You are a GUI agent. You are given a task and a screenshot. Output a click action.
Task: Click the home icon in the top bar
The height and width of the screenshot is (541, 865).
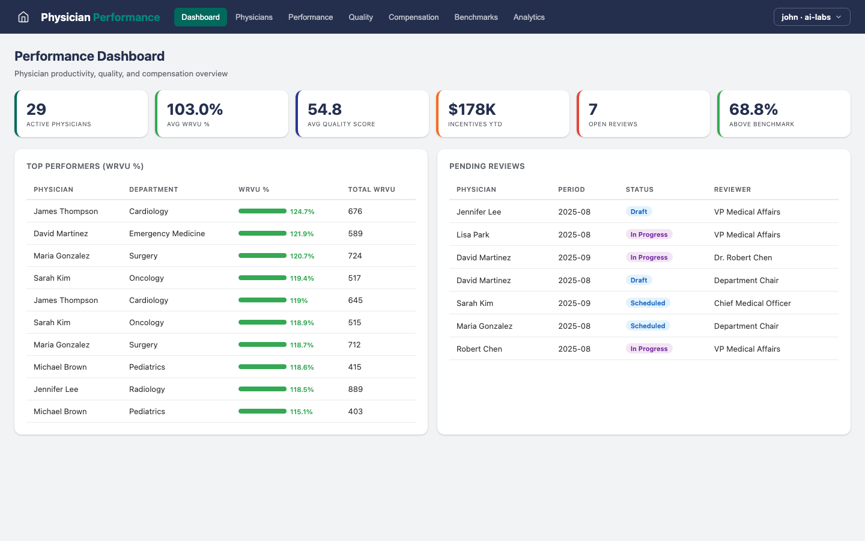click(x=23, y=17)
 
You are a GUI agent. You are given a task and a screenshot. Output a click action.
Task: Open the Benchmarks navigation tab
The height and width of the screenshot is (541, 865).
click(x=476, y=17)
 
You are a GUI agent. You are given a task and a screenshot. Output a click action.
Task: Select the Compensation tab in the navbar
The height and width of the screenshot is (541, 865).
click(x=413, y=17)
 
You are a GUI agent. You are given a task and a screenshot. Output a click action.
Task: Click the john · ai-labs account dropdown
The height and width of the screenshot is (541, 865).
click(x=812, y=17)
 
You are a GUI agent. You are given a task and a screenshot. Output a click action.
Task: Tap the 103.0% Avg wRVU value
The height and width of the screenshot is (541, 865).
click(x=195, y=109)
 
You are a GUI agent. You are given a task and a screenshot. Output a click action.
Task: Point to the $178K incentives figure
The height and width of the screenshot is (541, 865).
click(x=472, y=109)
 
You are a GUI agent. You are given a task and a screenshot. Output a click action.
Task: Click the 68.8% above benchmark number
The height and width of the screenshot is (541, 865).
click(x=753, y=109)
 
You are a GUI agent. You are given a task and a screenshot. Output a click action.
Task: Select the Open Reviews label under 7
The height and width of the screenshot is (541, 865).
click(x=613, y=124)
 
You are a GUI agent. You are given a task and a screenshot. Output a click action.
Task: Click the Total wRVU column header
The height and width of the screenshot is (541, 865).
click(x=371, y=189)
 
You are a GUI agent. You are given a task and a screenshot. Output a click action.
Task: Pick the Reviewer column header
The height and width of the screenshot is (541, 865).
click(x=732, y=189)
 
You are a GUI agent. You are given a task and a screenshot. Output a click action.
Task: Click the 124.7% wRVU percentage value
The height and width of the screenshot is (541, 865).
click(x=302, y=212)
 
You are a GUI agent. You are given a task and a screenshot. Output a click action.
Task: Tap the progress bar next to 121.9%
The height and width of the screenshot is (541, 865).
click(x=263, y=233)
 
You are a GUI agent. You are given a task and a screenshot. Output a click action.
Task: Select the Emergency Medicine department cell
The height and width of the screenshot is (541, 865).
click(x=167, y=233)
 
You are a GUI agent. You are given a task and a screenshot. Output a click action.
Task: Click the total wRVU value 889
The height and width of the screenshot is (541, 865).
click(x=355, y=389)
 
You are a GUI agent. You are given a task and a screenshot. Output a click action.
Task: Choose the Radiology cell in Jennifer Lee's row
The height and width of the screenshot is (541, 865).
click(x=147, y=389)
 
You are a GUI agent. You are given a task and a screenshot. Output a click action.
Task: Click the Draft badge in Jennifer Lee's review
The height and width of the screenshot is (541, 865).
click(x=639, y=212)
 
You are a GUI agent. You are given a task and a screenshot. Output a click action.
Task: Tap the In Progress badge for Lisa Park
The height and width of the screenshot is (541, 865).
click(x=649, y=234)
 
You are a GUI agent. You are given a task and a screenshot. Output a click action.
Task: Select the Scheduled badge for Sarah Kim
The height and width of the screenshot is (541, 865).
click(x=648, y=303)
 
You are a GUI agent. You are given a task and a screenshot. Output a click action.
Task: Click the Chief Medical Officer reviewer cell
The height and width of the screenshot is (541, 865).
click(x=752, y=303)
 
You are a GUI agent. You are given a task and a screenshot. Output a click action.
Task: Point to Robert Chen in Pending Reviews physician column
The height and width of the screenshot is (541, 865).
click(x=479, y=349)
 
